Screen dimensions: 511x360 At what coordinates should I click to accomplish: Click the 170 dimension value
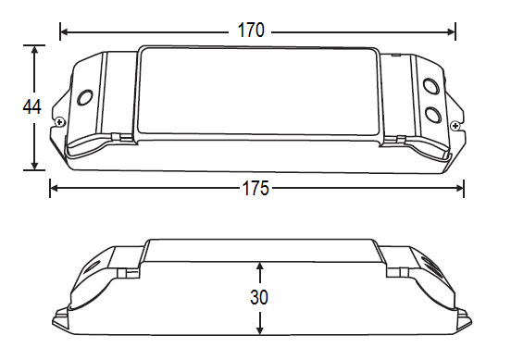click(251, 31)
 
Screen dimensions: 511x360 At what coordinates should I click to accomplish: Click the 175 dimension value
click(255, 189)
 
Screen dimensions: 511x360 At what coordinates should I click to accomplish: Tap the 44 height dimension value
click(31, 106)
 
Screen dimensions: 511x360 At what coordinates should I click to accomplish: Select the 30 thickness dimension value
click(259, 297)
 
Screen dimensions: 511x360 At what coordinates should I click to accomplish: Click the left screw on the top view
click(59, 122)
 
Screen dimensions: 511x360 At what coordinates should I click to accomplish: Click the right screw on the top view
click(455, 126)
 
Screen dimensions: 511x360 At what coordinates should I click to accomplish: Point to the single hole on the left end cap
click(85, 97)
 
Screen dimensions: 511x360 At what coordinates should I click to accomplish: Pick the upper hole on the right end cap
click(431, 86)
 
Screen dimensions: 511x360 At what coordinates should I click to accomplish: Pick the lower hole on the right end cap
click(433, 115)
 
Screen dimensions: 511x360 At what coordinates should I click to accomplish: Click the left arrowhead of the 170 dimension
click(64, 31)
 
